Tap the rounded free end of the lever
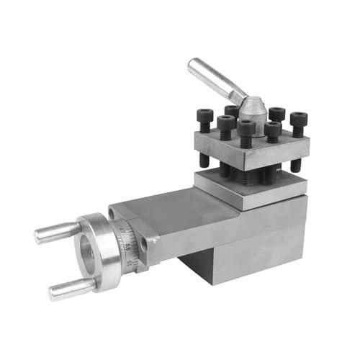coord(193,66)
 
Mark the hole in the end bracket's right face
coord(151,245)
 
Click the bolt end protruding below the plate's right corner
coord(295,165)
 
